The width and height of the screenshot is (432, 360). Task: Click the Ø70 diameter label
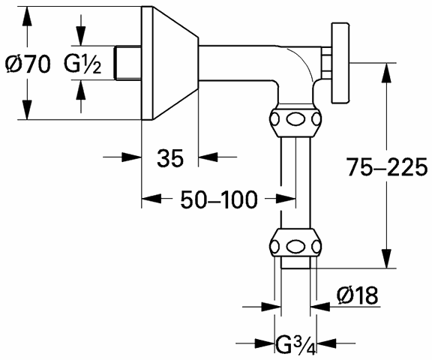28,64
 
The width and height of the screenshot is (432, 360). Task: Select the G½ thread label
82,64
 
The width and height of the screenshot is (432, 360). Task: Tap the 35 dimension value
170,158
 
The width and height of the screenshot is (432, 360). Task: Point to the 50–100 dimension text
219,199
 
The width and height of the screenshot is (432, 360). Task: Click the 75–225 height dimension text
387,167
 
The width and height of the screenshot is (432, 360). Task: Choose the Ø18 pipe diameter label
357,295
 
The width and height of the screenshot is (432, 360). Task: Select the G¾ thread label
295,345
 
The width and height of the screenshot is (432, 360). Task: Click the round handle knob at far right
340,63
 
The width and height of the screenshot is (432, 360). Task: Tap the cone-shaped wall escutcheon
169,63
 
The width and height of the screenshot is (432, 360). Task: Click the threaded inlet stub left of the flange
128,63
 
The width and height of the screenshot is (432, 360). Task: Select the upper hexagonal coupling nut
295,120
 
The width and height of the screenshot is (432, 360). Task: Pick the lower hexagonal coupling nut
295,243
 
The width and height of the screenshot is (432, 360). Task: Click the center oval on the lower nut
295,246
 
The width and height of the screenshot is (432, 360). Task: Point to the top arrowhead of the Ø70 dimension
27,16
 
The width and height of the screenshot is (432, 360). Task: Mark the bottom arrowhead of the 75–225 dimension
387,259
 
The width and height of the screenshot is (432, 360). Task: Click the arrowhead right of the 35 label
208,157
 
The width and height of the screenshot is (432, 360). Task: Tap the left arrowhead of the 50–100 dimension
151,198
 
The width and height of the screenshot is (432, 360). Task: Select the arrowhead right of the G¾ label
327,343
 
